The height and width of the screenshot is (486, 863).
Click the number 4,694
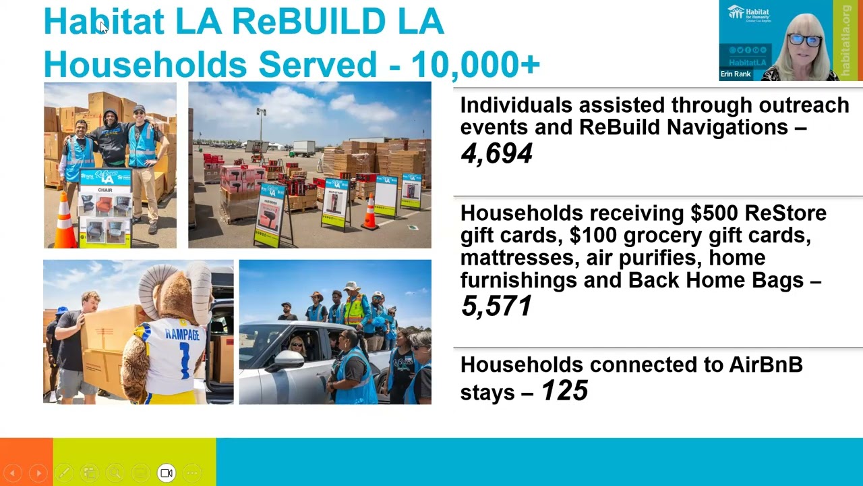click(x=497, y=154)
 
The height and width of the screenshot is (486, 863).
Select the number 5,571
click(x=496, y=306)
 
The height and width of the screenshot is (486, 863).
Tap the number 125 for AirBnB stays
click(x=565, y=391)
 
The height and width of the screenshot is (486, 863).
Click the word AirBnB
click(x=766, y=365)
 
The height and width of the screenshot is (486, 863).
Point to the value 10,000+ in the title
click(x=475, y=64)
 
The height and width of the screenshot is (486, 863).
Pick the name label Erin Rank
click(x=736, y=74)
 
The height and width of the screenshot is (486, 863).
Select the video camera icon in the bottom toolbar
click(x=167, y=473)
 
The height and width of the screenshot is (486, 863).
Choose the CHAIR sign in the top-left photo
click(x=105, y=190)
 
